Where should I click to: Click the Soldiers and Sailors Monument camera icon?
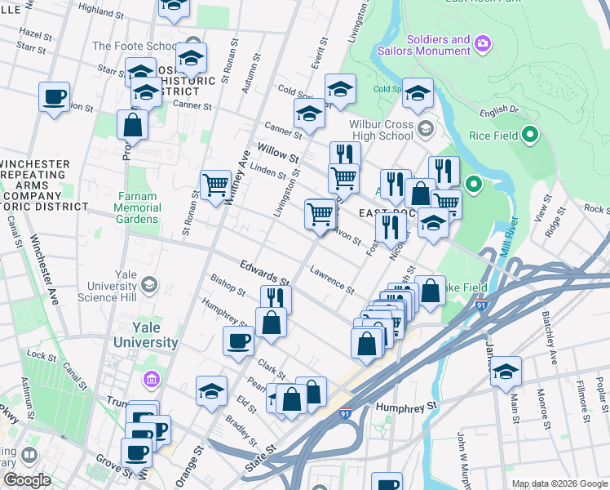[483, 42]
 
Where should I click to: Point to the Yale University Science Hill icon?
[148, 284]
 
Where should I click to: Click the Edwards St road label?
[264, 272]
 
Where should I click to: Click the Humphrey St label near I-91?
[406, 405]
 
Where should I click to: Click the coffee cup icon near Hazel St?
[54, 97]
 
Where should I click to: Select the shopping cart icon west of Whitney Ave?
[215, 185]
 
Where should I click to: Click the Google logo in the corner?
[27, 480]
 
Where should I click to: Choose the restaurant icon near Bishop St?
[276, 300]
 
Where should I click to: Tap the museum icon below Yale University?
[150, 379]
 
